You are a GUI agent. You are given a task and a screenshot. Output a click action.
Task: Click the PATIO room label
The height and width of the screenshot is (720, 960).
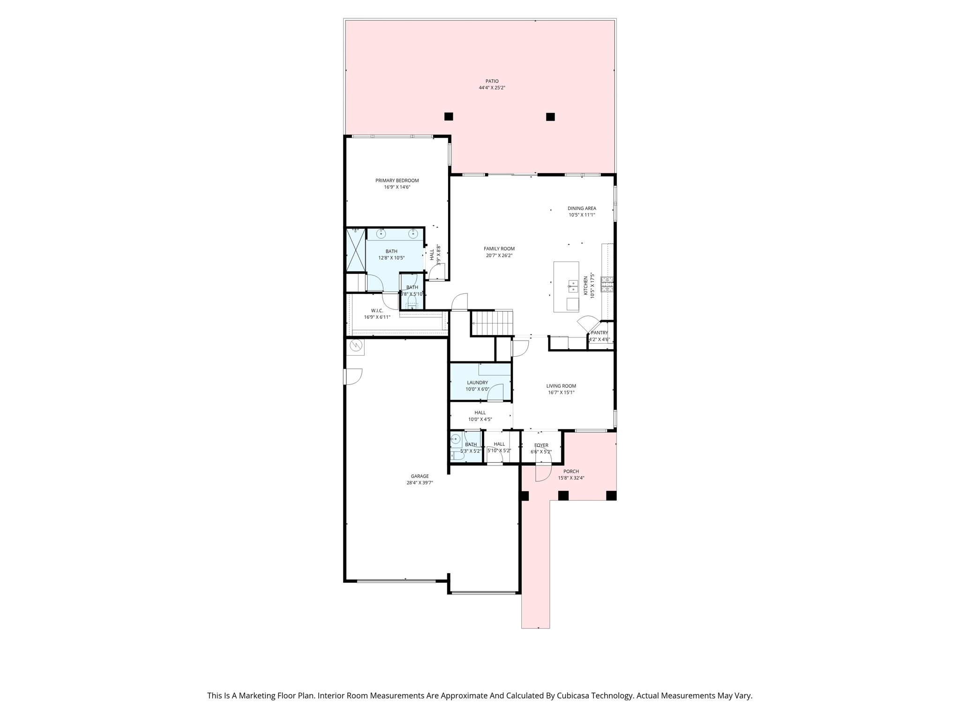pyautogui.click(x=492, y=81)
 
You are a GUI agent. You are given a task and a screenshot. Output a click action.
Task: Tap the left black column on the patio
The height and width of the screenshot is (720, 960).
pyautogui.click(x=449, y=116)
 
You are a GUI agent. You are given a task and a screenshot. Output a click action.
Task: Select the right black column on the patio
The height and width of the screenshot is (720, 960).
pyautogui.click(x=550, y=117)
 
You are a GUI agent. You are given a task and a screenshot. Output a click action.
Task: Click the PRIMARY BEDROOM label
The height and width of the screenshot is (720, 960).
pyautogui.click(x=397, y=180)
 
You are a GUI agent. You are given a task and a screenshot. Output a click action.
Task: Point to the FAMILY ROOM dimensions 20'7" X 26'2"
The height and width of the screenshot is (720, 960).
pyautogui.click(x=499, y=255)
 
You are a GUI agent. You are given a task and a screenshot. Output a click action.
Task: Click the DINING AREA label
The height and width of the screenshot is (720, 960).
pyautogui.click(x=582, y=208)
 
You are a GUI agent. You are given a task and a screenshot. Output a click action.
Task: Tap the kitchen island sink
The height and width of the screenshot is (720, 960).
pyautogui.click(x=573, y=284)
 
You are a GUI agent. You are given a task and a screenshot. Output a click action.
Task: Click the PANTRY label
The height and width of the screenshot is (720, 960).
pyautogui.click(x=599, y=333)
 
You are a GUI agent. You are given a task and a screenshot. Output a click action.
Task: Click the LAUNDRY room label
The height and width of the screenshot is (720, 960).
pyautogui.click(x=477, y=382)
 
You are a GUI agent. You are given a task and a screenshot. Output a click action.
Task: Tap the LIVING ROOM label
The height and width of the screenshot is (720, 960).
pyautogui.click(x=561, y=386)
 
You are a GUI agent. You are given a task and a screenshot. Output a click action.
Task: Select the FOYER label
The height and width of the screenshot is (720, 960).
pyautogui.click(x=541, y=445)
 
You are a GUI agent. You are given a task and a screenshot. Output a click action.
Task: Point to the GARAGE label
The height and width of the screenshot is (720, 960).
pyautogui.click(x=420, y=476)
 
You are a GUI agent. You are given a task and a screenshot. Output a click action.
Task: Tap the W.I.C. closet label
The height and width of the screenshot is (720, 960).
pyautogui.click(x=377, y=310)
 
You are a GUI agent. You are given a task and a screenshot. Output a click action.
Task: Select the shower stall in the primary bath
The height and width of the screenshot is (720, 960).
pyautogui.click(x=356, y=250)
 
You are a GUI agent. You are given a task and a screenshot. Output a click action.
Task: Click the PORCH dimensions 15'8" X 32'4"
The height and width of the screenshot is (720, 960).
pyautogui.click(x=571, y=478)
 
